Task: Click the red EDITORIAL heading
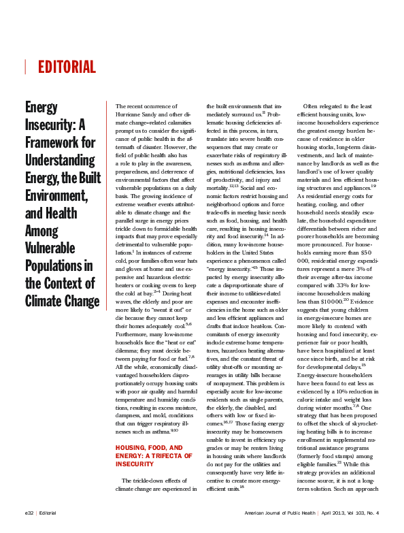[67, 67]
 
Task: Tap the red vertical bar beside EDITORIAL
[25, 67]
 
